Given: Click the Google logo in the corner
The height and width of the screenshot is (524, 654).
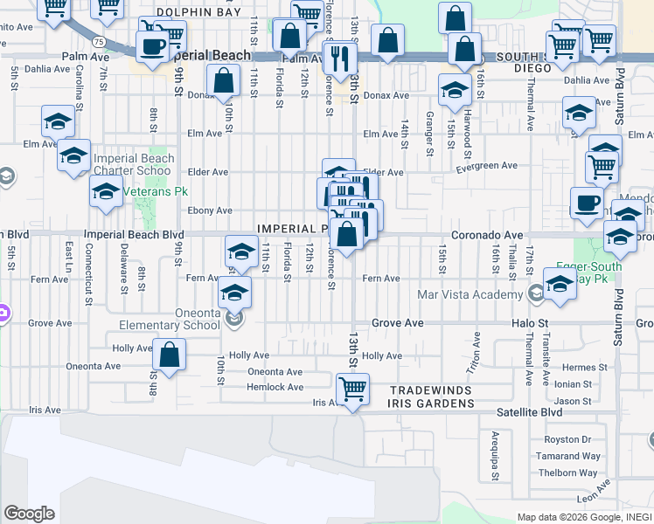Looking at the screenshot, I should pos(30,514).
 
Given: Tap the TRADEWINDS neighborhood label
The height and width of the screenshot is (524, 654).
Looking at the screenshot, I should pos(431,390).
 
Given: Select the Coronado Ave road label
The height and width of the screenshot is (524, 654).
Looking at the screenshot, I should pos(487,235).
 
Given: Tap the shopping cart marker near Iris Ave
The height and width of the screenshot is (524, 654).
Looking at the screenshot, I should pos(351,389).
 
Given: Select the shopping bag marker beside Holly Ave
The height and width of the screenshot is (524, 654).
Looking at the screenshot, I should pos(170,355).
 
